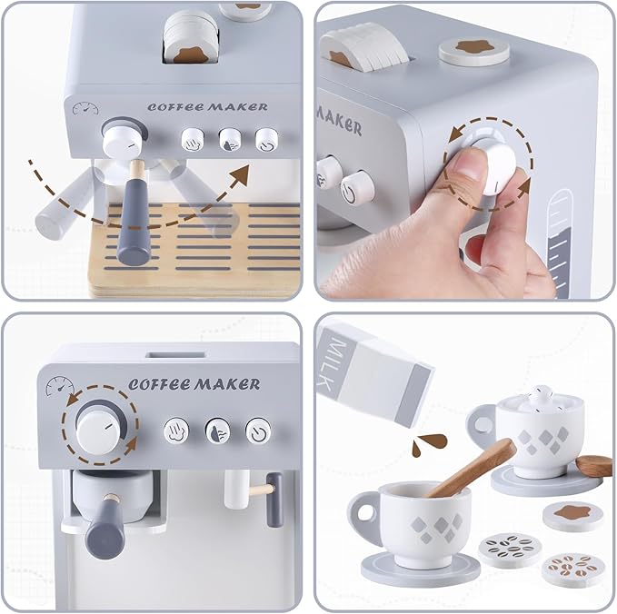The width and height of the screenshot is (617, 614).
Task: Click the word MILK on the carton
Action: pyautogui.click(x=333, y=364)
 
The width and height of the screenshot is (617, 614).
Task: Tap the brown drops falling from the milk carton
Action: pyautogui.click(x=428, y=444)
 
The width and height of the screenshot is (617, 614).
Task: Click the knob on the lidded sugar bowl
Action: pyautogui.click(x=542, y=397)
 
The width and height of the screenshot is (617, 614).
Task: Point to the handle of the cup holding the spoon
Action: pyautogui.click(x=364, y=520)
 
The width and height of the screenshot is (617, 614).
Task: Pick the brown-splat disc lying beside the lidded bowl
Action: pyautogui.click(x=574, y=514)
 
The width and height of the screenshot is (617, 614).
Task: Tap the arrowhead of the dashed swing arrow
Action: pyautogui.click(x=241, y=175)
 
